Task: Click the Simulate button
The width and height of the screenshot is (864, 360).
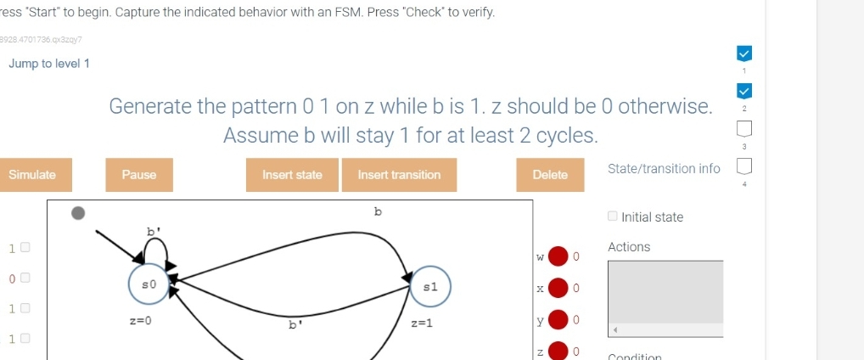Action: (32, 175)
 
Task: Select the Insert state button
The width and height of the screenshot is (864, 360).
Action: (292, 175)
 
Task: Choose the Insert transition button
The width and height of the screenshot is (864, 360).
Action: (399, 175)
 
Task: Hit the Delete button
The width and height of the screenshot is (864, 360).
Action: (549, 175)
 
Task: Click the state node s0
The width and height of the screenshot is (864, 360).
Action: (149, 283)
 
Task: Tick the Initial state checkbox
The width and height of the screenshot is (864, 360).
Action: (613, 217)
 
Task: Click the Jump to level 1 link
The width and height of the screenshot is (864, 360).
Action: (49, 65)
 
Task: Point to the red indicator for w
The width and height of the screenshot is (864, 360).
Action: (558, 256)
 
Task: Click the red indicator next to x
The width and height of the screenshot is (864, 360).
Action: (558, 289)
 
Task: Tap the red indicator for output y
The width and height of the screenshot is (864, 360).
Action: (558, 321)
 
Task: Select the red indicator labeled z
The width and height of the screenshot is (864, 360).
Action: (558, 352)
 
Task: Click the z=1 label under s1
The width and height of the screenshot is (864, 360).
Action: (422, 323)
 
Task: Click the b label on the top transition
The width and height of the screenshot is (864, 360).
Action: (378, 210)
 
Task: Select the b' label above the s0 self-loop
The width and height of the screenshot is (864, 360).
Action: (154, 230)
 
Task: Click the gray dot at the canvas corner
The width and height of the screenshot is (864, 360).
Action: (78, 213)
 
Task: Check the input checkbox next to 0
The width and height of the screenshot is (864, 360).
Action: (25, 278)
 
